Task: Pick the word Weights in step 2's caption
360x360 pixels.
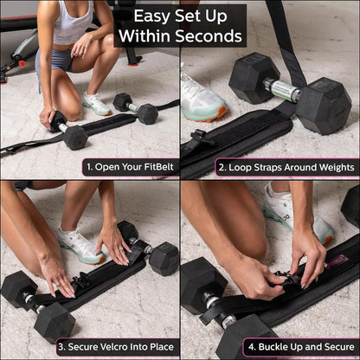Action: [x=331, y=166]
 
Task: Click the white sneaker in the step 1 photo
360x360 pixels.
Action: [x=96, y=104]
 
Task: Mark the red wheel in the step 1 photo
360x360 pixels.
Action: [x=22, y=62]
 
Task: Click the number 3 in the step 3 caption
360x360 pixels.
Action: [x=61, y=348]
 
